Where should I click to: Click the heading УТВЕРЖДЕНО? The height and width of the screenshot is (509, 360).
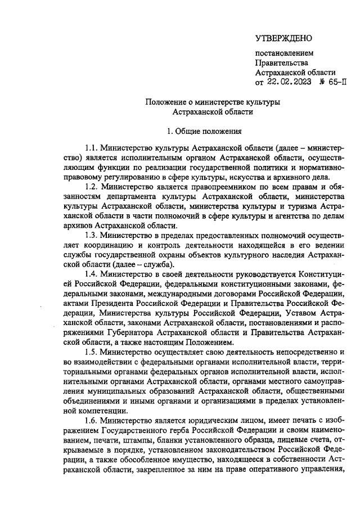pos(283,38)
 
